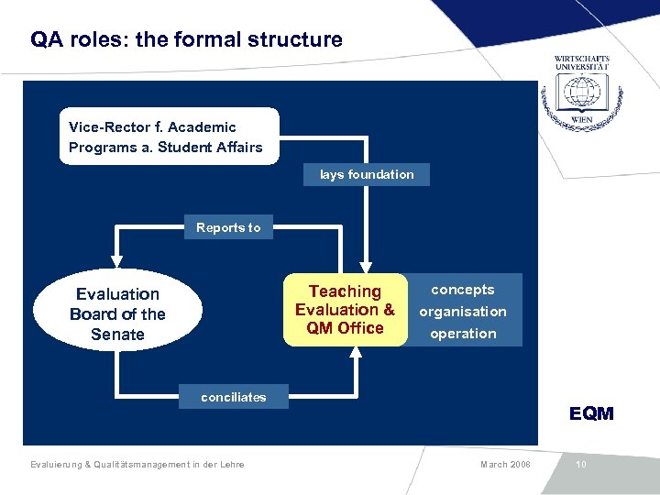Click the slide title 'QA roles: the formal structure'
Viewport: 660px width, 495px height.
pyautogui.click(x=186, y=40)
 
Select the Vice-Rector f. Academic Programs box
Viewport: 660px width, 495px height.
pyautogui.click(x=169, y=137)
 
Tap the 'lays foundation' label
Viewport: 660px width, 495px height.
pyautogui.click(x=366, y=174)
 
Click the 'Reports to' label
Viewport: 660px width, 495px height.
pyautogui.click(x=227, y=227)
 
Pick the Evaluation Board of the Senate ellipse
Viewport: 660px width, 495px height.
pyautogui.click(x=117, y=313)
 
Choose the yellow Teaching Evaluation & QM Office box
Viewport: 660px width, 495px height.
pyautogui.click(x=345, y=310)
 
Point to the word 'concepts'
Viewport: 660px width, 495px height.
pyautogui.click(x=463, y=290)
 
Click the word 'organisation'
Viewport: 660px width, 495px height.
pyautogui.click(x=463, y=312)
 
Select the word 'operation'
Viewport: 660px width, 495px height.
pyautogui.click(x=463, y=334)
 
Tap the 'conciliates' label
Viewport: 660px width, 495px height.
pyautogui.click(x=234, y=397)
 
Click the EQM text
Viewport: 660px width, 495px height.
pyautogui.click(x=591, y=413)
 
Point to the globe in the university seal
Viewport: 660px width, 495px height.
pyautogui.click(x=581, y=92)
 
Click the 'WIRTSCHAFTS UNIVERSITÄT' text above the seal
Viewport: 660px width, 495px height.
pyautogui.click(x=582, y=62)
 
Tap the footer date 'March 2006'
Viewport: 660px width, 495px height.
pyautogui.click(x=505, y=465)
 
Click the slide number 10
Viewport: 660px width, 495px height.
pyautogui.click(x=581, y=465)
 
